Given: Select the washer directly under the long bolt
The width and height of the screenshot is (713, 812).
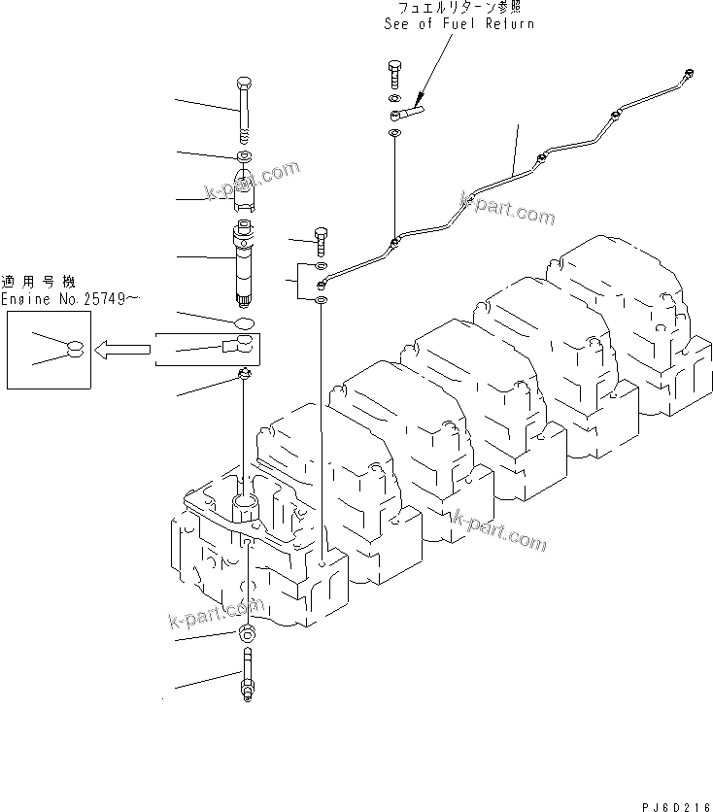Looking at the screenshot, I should [x=243, y=155].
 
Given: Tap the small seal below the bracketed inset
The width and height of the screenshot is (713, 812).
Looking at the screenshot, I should [x=246, y=374].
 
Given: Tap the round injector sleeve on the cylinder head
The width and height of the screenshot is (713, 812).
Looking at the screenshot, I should [x=244, y=506].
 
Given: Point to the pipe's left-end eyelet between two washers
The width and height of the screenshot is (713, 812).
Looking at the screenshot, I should [x=322, y=285].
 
